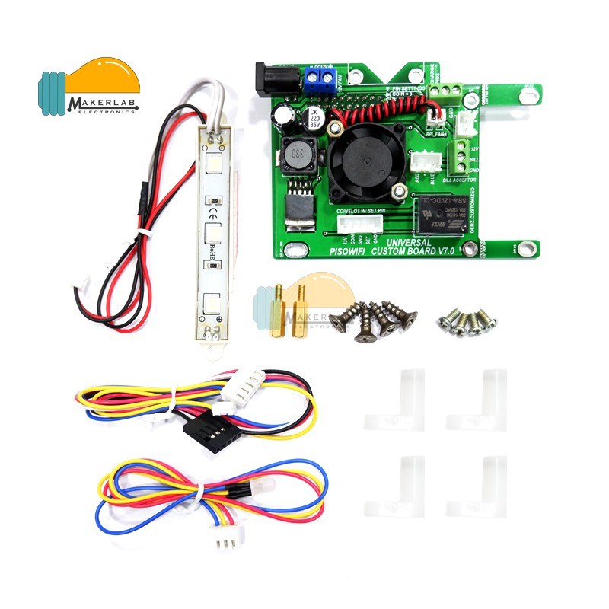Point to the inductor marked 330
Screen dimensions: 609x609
[x=298, y=157]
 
